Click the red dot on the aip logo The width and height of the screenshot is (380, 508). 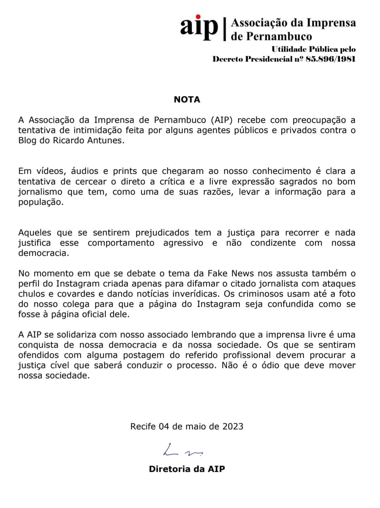click(198, 17)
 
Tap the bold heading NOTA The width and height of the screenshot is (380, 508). click(187, 100)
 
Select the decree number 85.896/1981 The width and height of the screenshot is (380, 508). click(330, 59)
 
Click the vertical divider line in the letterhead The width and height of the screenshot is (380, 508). click(224, 29)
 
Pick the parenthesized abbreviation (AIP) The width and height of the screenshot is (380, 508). click(223, 120)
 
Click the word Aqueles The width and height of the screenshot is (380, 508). click(35, 233)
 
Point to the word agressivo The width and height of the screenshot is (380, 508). click(183, 243)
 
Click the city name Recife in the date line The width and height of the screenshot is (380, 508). click(143, 426)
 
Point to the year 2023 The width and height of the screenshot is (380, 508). click(233, 426)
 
